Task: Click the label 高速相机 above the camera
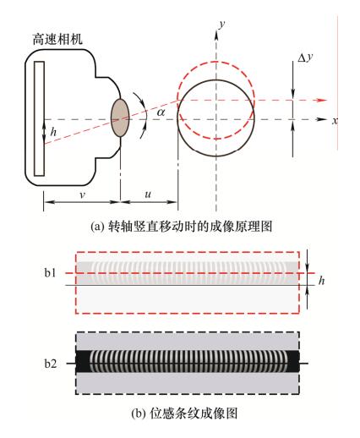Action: pyautogui.click(x=57, y=39)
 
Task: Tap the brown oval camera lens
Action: pyautogui.click(x=120, y=118)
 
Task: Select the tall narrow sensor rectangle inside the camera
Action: pyautogui.click(x=39, y=118)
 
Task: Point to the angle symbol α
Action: pyautogui.click(x=161, y=112)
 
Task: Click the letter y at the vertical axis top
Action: pyautogui.click(x=222, y=25)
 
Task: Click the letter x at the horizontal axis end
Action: pyautogui.click(x=335, y=121)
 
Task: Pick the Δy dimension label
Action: pyautogui.click(x=306, y=57)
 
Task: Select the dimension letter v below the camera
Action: pyautogui.click(x=82, y=194)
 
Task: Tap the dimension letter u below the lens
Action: pyautogui.click(x=148, y=194)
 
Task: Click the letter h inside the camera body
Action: pyautogui.click(x=53, y=131)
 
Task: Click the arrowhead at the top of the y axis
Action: pyautogui.click(x=216, y=33)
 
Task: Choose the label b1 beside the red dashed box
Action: pyautogui.click(x=51, y=273)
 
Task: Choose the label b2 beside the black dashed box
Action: pyautogui.click(x=51, y=364)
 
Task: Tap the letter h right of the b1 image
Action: pyautogui.click(x=321, y=281)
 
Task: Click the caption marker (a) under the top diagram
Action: pyautogui.click(x=96, y=227)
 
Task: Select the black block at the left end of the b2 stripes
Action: pyautogui.click(x=84, y=361)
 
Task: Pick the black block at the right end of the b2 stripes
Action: pyautogui.click(x=293, y=361)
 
